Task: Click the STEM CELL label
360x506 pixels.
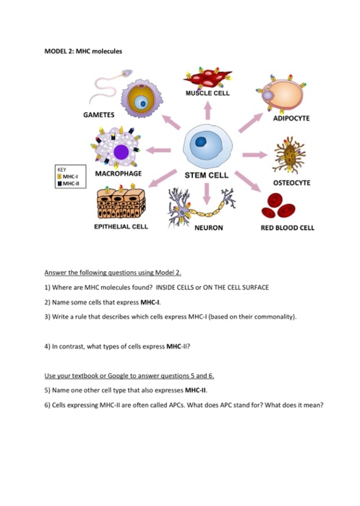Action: pyautogui.click(x=206, y=175)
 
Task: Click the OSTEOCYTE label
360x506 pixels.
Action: pyautogui.click(x=291, y=184)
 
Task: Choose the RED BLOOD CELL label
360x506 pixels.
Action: pyautogui.click(x=287, y=227)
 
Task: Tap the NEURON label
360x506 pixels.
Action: pyautogui.click(x=207, y=227)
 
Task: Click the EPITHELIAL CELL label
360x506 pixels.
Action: pyautogui.click(x=121, y=226)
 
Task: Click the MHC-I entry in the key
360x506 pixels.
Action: pyautogui.click(x=70, y=176)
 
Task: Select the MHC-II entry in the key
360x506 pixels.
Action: pyautogui.click(x=71, y=183)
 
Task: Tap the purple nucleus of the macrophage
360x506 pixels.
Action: pyautogui.click(x=121, y=153)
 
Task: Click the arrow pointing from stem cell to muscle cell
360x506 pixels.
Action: pyautogui.click(x=207, y=111)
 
